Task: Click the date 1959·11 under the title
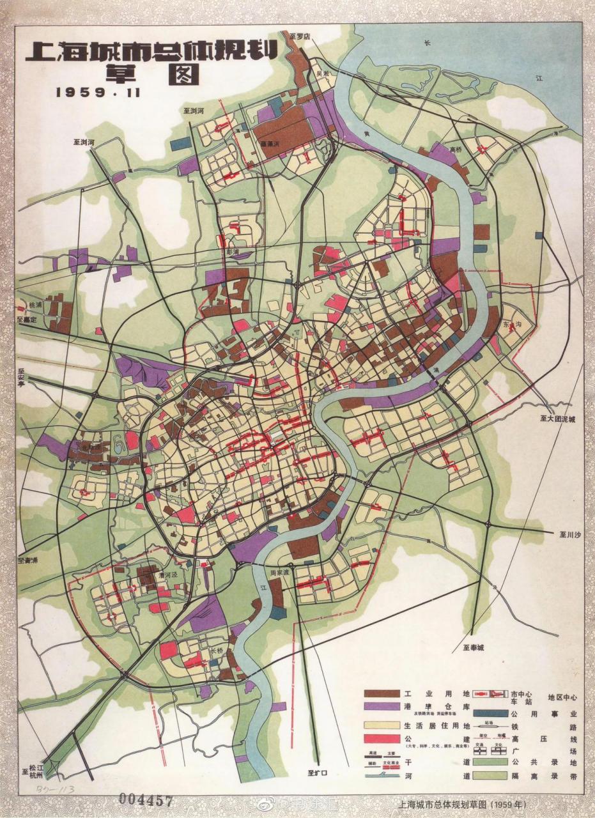[x=98, y=91]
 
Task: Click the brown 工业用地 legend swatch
[x=382, y=693]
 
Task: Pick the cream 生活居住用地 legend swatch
[x=382, y=725]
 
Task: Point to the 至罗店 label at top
[x=298, y=37]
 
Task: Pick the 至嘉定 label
[x=29, y=318]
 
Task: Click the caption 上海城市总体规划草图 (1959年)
[x=460, y=804]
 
